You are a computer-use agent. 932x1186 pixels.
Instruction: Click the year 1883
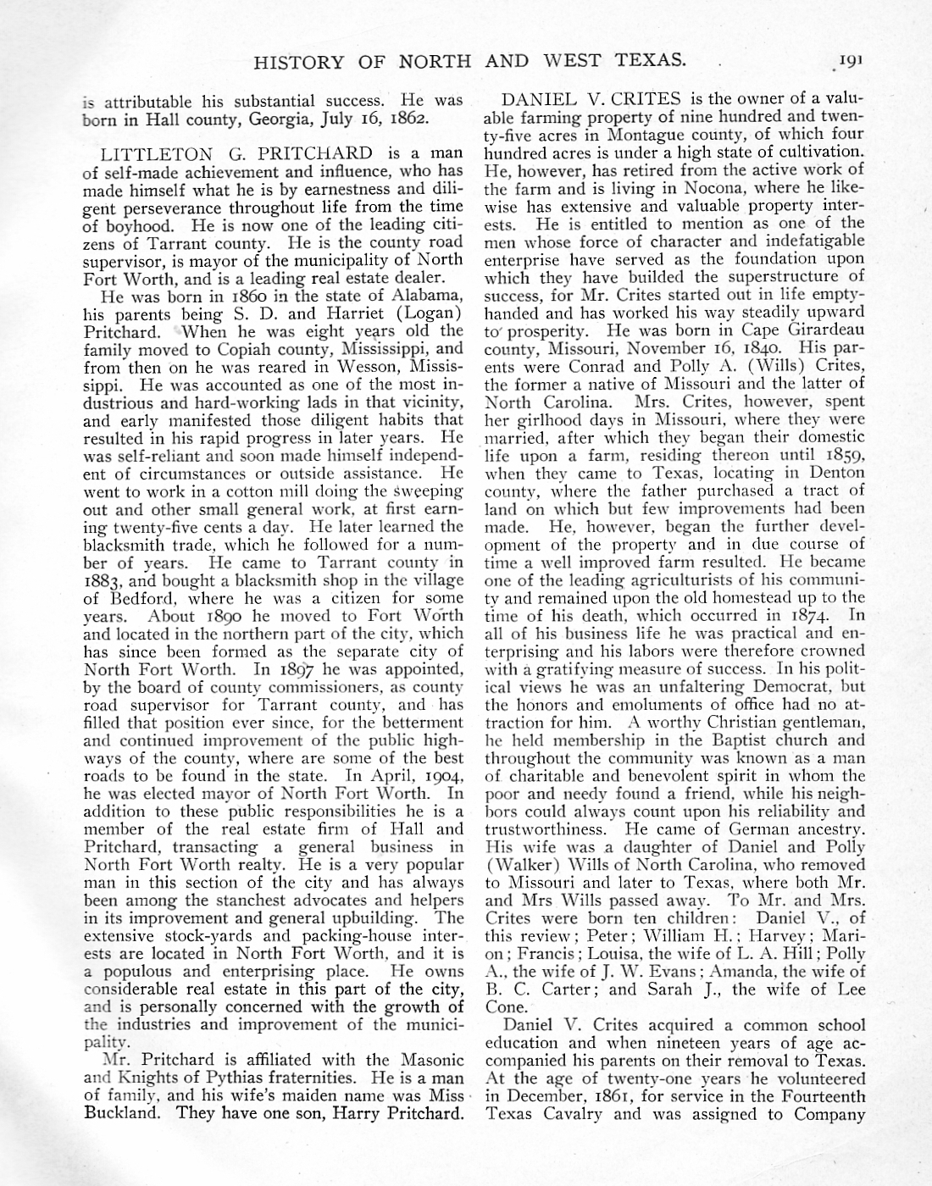[x=105, y=580]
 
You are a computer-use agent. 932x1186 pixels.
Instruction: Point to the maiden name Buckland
[x=119, y=1113]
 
